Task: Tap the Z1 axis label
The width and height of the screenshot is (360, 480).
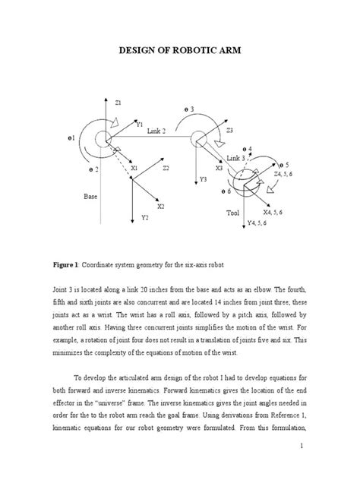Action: (x=118, y=102)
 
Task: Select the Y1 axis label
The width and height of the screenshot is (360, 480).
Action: (x=139, y=123)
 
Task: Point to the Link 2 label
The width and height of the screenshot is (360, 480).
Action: (x=156, y=133)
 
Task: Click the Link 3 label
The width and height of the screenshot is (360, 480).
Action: (x=236, y=158)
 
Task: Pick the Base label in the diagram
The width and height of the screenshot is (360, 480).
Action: (x=91, y=196)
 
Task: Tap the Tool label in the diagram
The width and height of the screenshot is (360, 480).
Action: (x=232, y=214)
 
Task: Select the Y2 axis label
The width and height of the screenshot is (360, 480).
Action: (x=145, y=217)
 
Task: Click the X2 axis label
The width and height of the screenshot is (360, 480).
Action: (x=160, y=206)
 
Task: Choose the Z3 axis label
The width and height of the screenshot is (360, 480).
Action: (x=229, y=131)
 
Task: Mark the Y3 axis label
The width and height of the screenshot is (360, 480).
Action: (x=203, y=179)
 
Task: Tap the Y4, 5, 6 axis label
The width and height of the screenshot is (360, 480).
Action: (x=257, y=223)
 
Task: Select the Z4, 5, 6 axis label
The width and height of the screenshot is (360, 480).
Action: (x=284, y=174)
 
